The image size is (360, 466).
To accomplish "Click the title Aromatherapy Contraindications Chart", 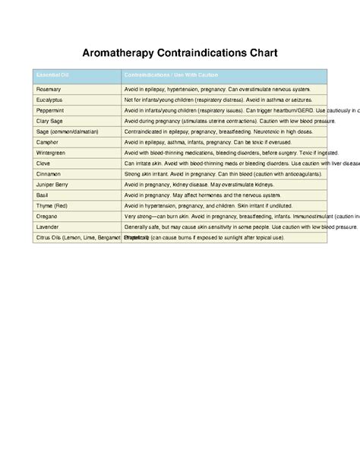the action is [x=180, y=54].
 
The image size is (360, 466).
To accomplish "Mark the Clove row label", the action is [x=44, y=163].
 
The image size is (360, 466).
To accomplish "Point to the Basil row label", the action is [x=43, y=195].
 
